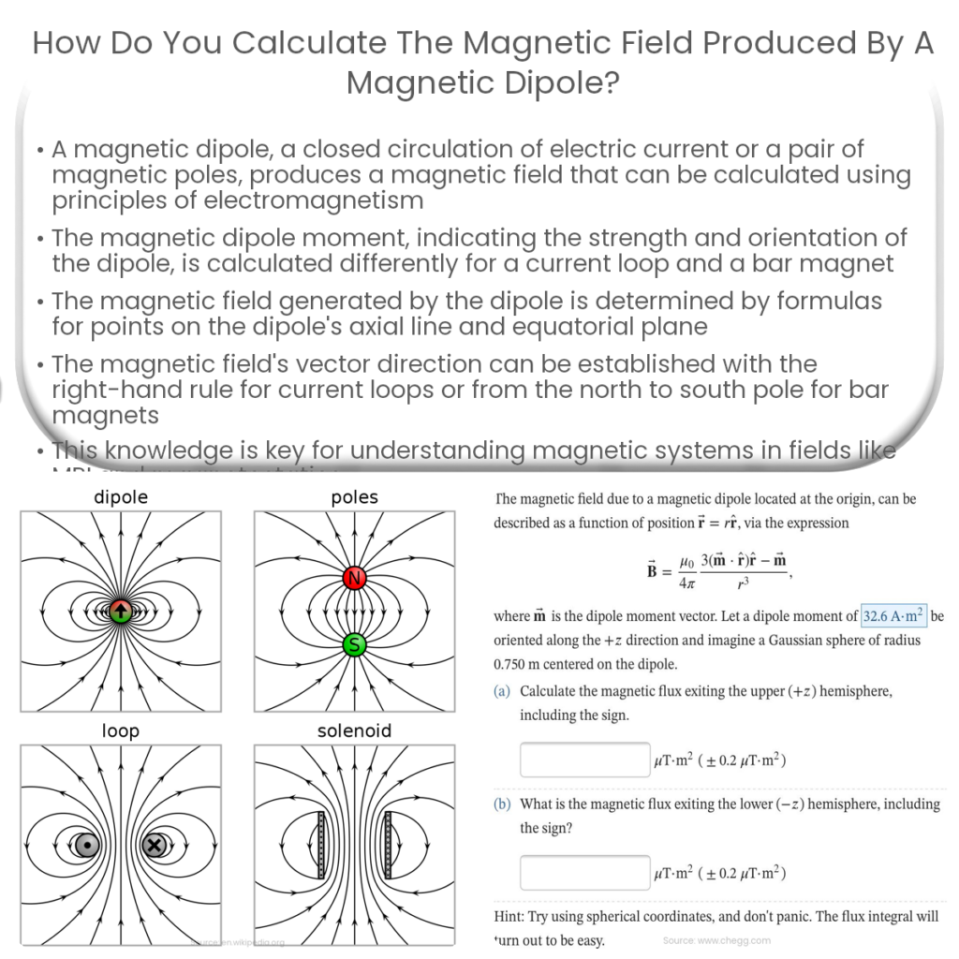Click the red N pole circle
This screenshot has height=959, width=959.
(354, 579)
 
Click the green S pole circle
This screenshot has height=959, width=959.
(354, 643)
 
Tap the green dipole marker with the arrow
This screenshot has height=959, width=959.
(120, 612)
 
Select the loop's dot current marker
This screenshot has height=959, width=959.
(87, 845)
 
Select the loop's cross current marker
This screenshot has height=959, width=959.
(155, 845)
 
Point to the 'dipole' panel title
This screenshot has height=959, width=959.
(121, 498)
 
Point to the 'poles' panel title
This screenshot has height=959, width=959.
(354, 498)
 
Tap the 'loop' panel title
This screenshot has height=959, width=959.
(121, 730)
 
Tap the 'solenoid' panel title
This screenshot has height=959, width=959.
(354, 730)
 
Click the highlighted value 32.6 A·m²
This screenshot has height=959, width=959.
(893, 616)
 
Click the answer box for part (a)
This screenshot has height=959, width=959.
(584, 760)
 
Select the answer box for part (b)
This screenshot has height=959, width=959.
(584, 873)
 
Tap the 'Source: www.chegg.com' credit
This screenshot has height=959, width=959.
(716, 939)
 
